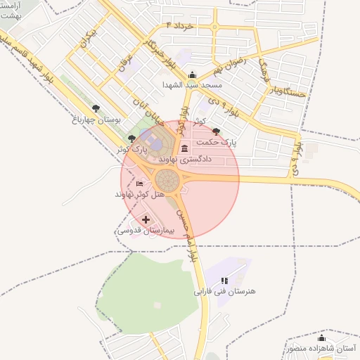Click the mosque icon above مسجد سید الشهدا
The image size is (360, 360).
point(193,75)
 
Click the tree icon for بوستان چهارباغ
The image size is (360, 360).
point(96,108)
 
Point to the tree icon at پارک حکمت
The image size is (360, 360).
point(215,131)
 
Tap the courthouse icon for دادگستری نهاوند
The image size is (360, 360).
point(184,148)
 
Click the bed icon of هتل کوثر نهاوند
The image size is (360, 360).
point(139,184)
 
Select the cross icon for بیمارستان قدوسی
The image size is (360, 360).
point(146,220)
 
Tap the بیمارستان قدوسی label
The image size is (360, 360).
point(140,230)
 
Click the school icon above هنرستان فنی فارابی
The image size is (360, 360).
point(224,281)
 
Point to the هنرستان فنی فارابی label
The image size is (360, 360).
point(224,290)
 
